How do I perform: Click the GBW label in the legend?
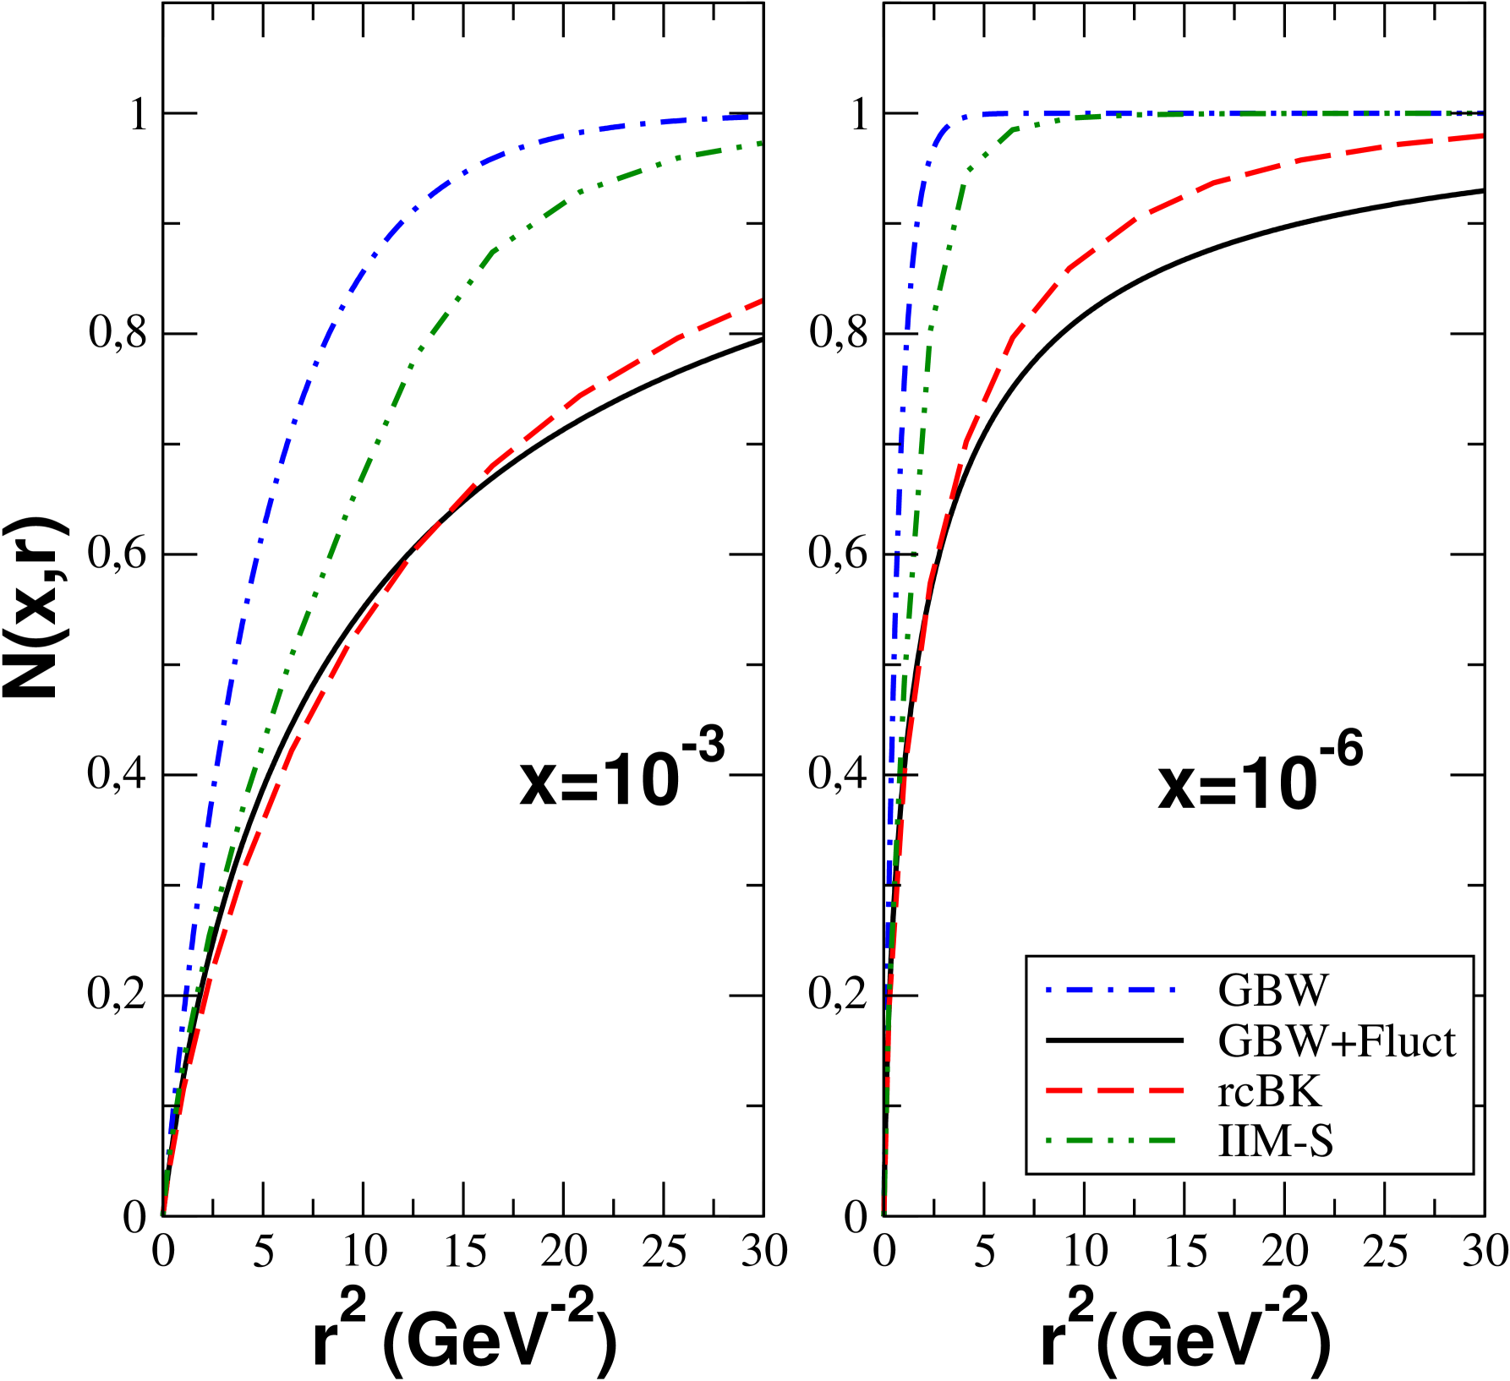(1272, 990)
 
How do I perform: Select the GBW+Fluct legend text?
(1336, 1040)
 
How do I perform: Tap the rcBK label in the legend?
(1268, 1091)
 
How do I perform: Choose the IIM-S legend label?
(1275, 1141)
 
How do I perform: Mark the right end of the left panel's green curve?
(760, 144)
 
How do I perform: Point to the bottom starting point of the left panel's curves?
(163, 1214)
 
